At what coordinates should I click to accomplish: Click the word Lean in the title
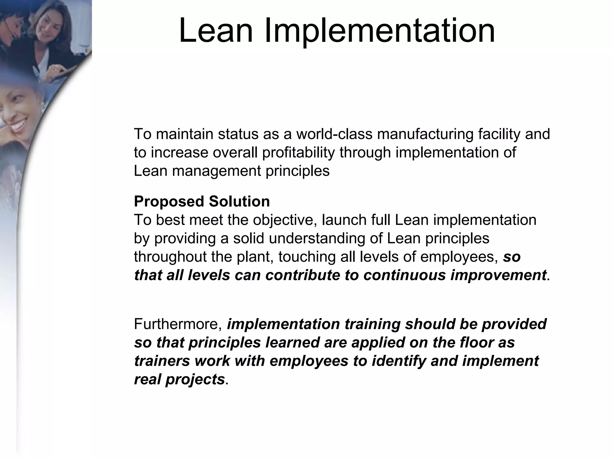coord(216,31)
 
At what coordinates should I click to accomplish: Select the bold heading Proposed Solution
coord(202,201)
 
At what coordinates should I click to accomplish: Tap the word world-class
coord(334,134)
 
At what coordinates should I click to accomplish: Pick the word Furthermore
coord(178,324)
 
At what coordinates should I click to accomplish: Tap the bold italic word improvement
coord(498,275)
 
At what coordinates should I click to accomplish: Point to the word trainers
coord(162,361)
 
